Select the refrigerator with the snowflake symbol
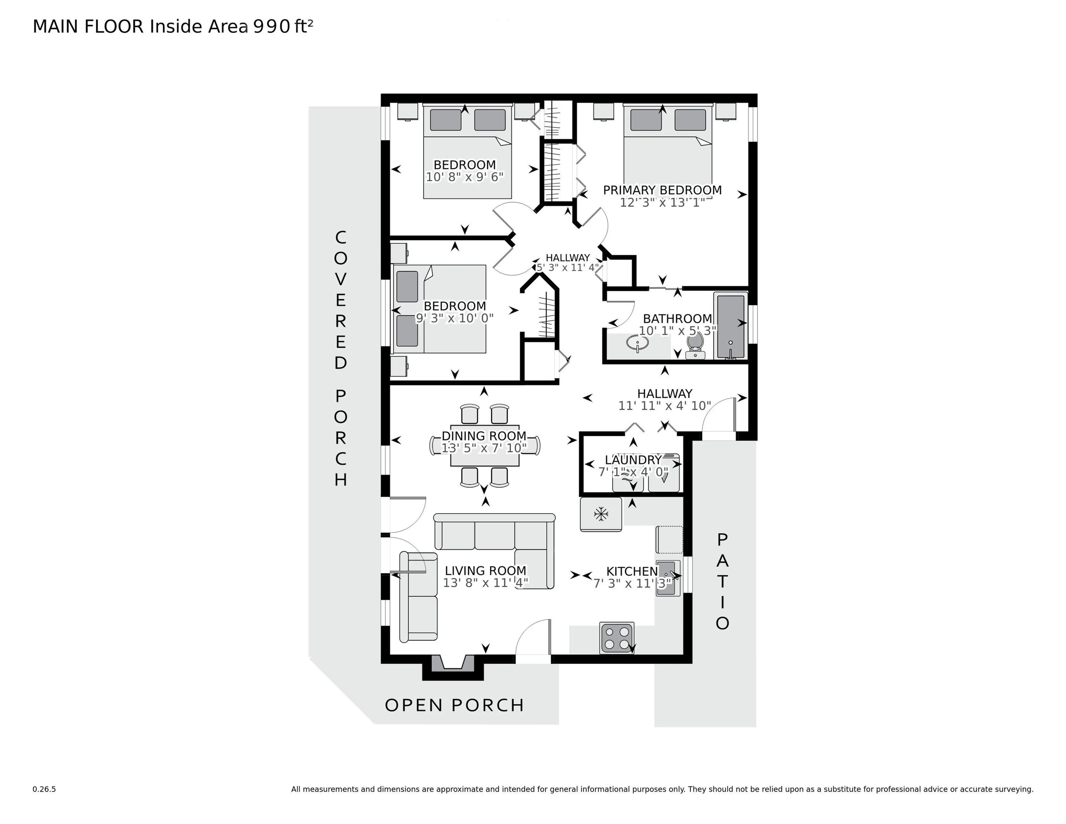coord(600,514)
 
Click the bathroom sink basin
coord(637,344)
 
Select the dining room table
coord(484,446)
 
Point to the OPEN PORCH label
coord(454,705)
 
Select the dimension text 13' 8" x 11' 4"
coord(485,583)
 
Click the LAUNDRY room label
coord(633,460)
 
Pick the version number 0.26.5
coord(44,789)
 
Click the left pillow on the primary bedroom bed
coord(645,120)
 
